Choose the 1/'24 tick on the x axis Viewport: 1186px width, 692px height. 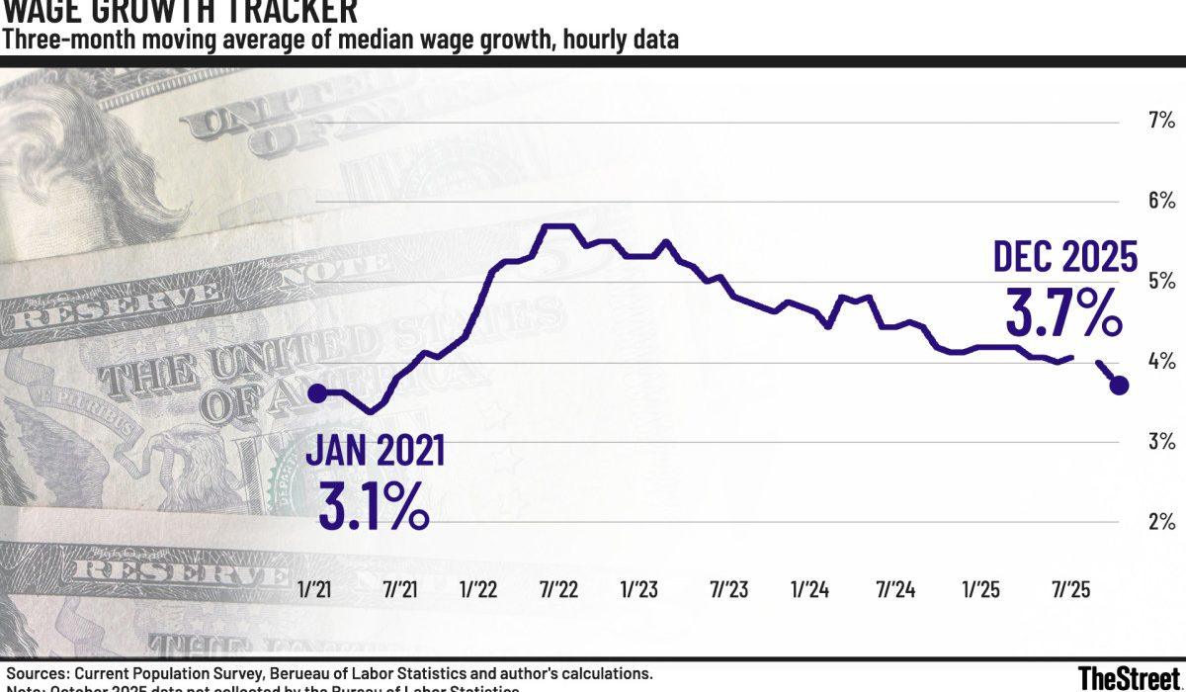[x=809, y=589]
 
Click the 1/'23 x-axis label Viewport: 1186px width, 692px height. [x=639, y=589]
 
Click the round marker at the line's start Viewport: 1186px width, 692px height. [x=316, y=392]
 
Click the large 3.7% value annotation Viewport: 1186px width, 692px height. [x=1063, y=312]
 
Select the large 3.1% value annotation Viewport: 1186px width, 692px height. [x=373, y=504]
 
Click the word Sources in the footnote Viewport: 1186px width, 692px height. [x=38, y=673]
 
